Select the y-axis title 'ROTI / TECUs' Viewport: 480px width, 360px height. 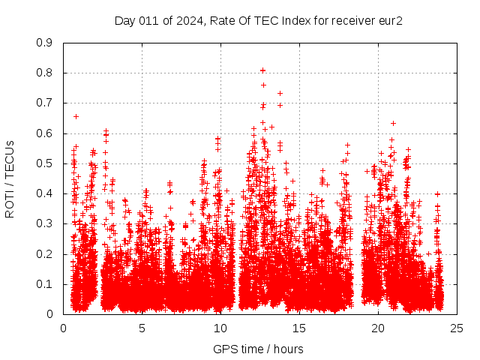tap(10, 179)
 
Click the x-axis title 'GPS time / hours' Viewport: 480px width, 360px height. tap(258, 349)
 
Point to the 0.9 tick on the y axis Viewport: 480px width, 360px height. tap(44, 43)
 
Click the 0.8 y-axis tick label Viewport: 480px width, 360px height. tap(44, 73)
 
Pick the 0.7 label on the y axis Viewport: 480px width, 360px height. tap(44, 103)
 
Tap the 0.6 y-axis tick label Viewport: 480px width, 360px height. tap(44, 133)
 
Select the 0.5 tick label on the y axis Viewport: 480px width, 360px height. tap(44, 163)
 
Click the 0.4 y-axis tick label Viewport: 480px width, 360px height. tap(44, 193)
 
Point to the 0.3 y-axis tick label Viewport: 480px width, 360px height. tap(44, 223)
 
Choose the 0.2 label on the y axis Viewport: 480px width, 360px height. tap(44, 254)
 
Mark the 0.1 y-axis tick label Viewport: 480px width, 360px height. tap(44, 284)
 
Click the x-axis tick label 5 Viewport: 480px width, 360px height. tap(142, 328)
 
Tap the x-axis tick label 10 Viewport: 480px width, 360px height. tap(220, 328)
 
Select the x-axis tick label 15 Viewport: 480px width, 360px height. tap(299, 328)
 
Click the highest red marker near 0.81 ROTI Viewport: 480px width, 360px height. tap(262, 70)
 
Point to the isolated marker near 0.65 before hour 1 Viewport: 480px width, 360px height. tap(76, 116)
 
